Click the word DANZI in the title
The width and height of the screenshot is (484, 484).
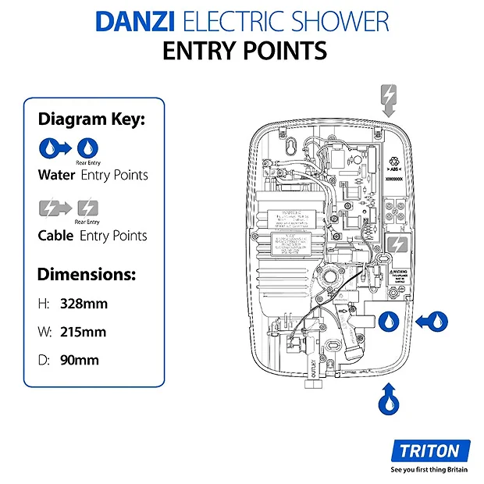[132, 20]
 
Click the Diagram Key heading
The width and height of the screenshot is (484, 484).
[91, 119]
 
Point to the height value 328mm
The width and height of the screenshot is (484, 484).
[83, 302]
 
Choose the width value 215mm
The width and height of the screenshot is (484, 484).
[83, 332]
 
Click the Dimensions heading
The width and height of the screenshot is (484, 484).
[87, 275]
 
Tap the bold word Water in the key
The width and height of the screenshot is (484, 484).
[56, 175]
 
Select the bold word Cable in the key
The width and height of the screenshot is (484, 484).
[55, 235]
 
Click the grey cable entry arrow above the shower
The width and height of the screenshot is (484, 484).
[388, 101]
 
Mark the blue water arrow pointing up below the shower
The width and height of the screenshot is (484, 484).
[388, 399]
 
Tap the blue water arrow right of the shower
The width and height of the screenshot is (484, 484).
[432, 320]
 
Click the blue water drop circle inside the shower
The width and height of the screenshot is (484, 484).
[388, 320]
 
